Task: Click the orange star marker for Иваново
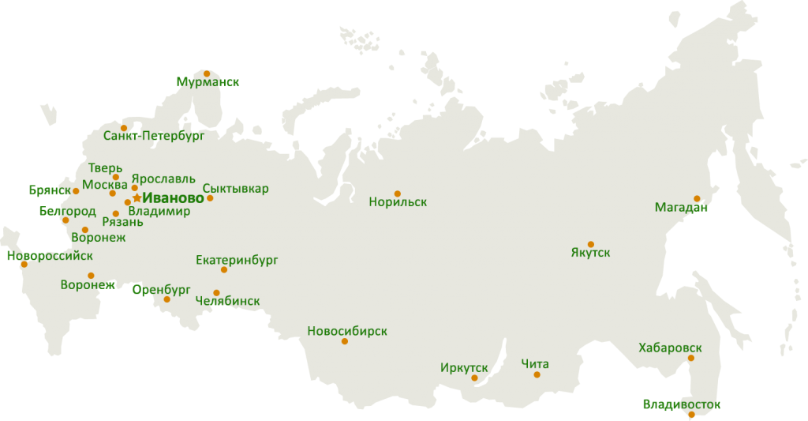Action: coord(137,197)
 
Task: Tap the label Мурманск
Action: coord(208,82)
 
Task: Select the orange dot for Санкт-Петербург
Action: coord(123,128)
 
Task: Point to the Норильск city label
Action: coord(398,202)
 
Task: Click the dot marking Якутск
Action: coord(590,244)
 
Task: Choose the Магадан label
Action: coord(680,208)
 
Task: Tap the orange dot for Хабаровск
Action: coord(690,358)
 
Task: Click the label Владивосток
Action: coord(681,404)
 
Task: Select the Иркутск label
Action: coord(464,368)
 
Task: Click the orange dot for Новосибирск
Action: coord(344,341)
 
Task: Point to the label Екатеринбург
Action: coord(237,259)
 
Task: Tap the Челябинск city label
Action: coord(226,301)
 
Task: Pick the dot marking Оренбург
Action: coord(166,299)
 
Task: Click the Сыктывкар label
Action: coord(235,188)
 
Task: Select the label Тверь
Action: coord(105,167)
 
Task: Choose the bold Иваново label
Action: coord(173,197)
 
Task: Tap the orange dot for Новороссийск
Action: coord(24,264)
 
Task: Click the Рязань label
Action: coord(122,222)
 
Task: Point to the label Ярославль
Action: coord(163,179)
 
